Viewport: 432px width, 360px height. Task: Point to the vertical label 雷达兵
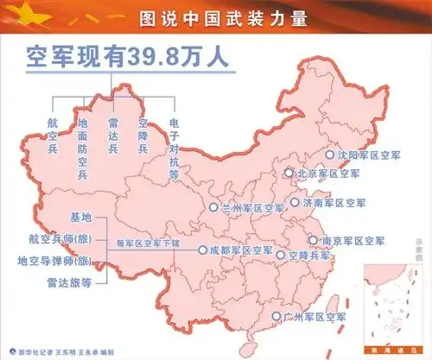(112, 137)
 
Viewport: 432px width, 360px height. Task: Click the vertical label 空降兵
(143, 137)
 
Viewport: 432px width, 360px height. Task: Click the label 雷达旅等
(69, 281)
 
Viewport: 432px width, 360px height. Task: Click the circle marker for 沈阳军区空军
(329, 155)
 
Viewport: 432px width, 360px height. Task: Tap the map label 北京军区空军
(327, 174)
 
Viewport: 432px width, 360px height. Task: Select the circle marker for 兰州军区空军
(213, 207)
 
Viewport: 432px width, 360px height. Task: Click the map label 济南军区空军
(334, 203)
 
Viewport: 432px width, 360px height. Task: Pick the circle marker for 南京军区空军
(314, 241)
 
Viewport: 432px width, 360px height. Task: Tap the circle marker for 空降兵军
(281, 255)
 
